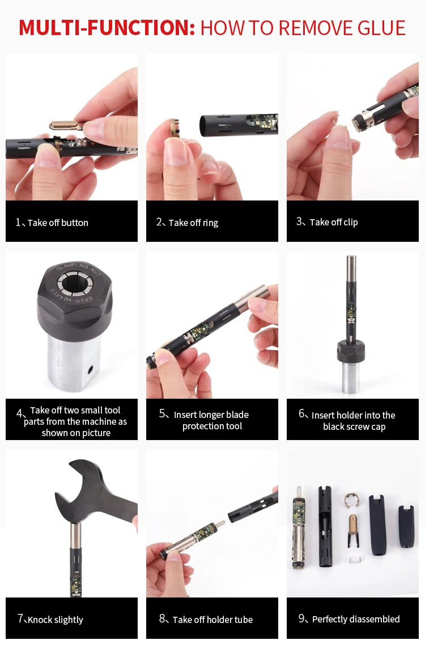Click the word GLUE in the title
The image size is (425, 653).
(381, 28)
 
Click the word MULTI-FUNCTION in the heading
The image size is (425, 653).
(107, 28)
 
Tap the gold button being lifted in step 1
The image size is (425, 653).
(66, 125)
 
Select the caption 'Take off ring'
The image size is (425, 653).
(193, 223)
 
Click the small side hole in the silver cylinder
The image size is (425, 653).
(90, 369)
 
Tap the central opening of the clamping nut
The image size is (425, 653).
(75, 283)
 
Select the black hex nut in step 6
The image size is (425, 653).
(351, 351)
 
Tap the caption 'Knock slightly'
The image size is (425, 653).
(56, 620)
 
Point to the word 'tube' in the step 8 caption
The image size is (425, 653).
(241, 620)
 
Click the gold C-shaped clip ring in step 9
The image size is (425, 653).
(352, 500)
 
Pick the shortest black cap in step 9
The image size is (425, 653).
(406, 526)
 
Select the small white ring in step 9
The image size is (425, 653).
(354, 560)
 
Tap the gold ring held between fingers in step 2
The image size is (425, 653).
(174, 128)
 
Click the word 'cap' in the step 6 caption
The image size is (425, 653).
(379, 427)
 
